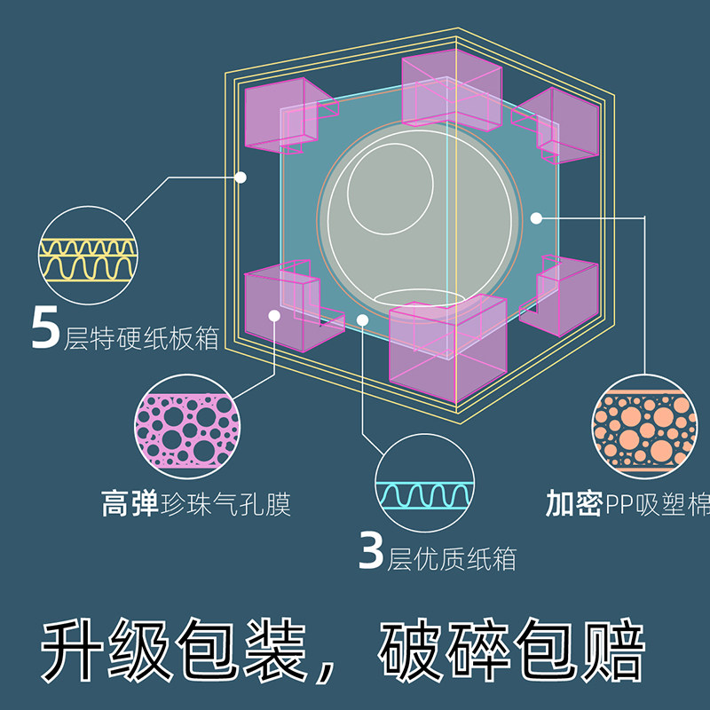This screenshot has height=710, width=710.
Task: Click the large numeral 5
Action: coord(46,328)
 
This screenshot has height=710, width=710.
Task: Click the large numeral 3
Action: coord(372,550)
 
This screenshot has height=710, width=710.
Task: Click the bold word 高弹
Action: coord(130,506)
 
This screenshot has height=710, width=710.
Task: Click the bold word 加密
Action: coord(574,506)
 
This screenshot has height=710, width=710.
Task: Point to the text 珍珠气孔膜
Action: coord(226,506)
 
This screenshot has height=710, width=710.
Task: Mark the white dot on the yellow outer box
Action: coord(241,177)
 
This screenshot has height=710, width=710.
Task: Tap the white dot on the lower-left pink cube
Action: coord(275,315)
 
